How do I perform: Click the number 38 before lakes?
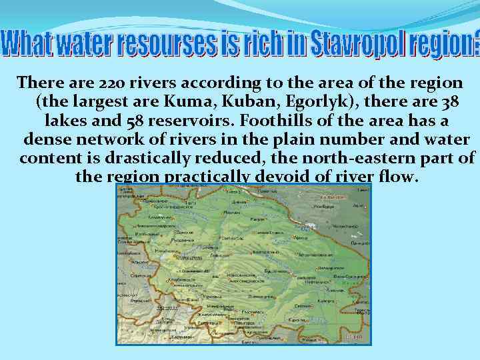448,103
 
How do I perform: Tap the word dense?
45,141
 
